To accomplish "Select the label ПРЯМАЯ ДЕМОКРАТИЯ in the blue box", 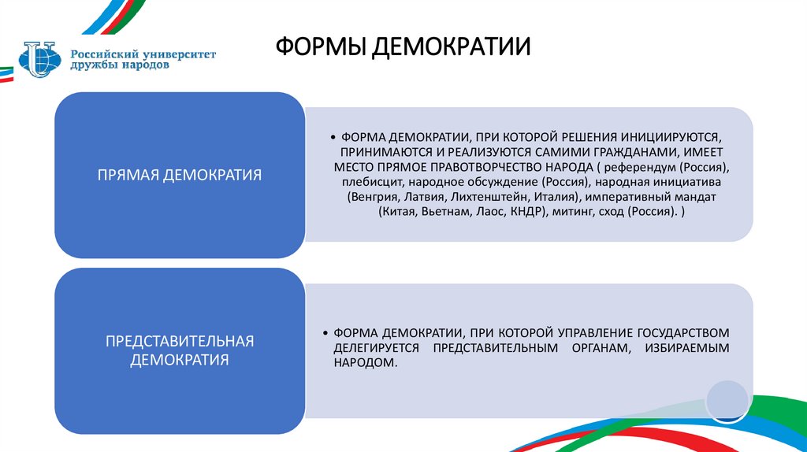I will point(179,174).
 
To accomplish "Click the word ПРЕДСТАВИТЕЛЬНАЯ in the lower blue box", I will point(180,341).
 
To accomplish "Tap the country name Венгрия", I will point(372,197).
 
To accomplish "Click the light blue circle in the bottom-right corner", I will point(726,399).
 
